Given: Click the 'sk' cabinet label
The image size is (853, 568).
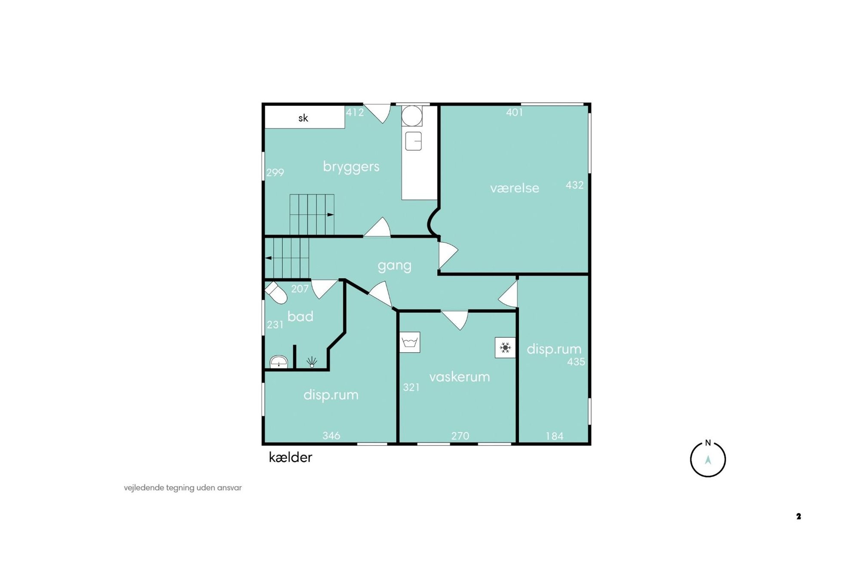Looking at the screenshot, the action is pos(303,118).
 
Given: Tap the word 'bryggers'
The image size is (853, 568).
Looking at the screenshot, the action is pos(351,166).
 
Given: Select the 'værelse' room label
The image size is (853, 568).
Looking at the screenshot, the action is pos(514,188).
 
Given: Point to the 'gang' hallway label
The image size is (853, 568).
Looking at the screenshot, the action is pos(394,266).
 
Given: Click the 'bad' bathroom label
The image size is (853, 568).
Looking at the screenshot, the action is pos(300,316).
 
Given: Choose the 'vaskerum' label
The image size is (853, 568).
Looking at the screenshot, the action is pos(459,377).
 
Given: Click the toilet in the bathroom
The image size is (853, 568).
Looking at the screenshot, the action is pos(276,292).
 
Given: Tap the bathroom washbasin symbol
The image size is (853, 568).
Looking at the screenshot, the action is pos(279,362).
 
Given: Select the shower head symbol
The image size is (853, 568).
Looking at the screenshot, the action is pos(312,362).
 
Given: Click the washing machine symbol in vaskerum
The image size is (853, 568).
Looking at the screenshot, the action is pos(410,342).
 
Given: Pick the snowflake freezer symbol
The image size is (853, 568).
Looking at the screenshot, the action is pos(505,348).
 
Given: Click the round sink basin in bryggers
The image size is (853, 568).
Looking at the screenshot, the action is pos(412,116).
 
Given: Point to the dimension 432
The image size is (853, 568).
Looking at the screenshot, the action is pos(574,185).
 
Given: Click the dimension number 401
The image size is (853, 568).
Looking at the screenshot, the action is pos(514,113).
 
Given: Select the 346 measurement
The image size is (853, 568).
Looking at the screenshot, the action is pos(331,436).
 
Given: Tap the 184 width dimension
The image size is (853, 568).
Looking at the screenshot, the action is pos(554,436).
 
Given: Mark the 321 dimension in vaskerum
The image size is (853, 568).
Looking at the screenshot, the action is pos(411,387).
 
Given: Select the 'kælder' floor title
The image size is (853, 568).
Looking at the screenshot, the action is pos(290,457).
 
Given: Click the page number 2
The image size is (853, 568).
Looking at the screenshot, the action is pos(798,516).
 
